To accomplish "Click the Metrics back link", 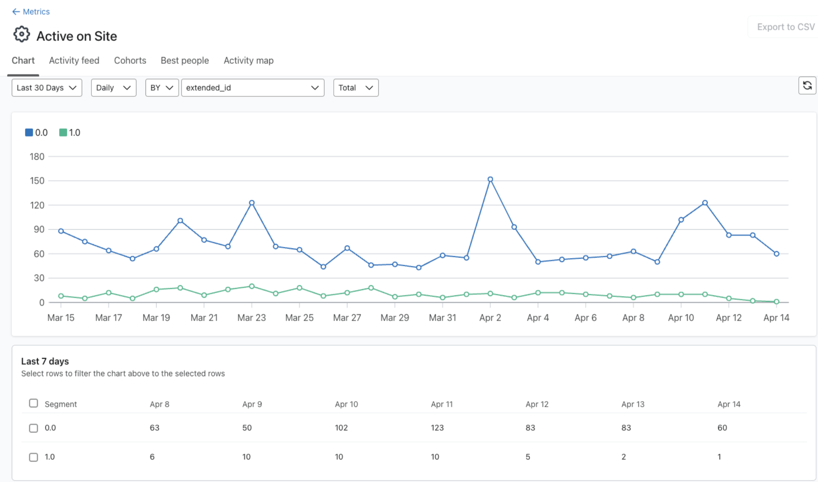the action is coord(31,12).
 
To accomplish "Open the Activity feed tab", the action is coord(74,60).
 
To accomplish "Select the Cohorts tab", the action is coord(130,60).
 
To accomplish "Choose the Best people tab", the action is coord(185,60).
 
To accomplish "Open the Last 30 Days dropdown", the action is coord(47,88).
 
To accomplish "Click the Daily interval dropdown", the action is coord(113,88).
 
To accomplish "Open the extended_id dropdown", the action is coord(253,88).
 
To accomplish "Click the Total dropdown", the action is coord(356,88).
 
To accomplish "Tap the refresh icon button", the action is coord(807,85).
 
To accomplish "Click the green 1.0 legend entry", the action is coord(70,133).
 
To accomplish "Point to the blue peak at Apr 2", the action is coord(490,179).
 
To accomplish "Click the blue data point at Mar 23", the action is coord(252,203).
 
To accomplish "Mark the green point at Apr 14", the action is coord(776,301).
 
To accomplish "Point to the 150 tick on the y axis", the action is coord(37,181).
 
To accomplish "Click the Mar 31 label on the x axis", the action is coord(442,318).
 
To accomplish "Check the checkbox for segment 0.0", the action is coord(34,428).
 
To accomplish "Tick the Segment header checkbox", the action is coord(34,403).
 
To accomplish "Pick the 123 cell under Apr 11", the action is coord(437,428).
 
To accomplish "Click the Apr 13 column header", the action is coord(633,404).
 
